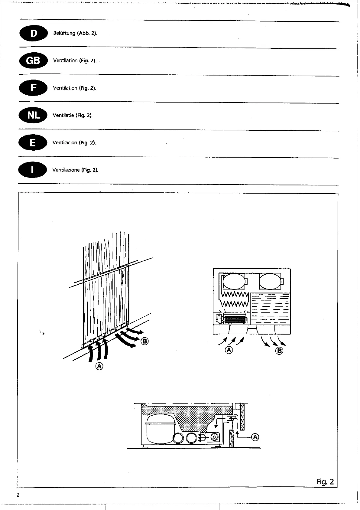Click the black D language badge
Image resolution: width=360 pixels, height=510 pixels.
pos(34,33)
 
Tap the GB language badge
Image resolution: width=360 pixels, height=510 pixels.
pos(33,61)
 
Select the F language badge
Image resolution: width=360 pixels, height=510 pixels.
pos(33,88)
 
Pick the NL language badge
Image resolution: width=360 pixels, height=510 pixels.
pos(33,115)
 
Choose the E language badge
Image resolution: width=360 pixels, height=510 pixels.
pos(33,142)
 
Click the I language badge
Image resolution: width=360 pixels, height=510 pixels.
pos(33,170)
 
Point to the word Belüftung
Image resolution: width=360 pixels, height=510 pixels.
pos(64,33)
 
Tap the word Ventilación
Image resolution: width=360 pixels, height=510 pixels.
pos(65,142)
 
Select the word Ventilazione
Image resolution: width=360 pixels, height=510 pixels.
pos(66,170)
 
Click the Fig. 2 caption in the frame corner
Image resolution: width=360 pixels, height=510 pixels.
pos(325,482)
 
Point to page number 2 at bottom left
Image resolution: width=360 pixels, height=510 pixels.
pos(18,495)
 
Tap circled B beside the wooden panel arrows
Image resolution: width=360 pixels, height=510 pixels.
pos(145,341)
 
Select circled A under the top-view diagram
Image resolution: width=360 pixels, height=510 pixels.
pos(229,350)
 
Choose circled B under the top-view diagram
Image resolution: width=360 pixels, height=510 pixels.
pos(280,351)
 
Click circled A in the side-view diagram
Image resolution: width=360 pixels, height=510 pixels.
pos(255,437)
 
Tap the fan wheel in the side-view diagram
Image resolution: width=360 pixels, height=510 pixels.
pos(215,437)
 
